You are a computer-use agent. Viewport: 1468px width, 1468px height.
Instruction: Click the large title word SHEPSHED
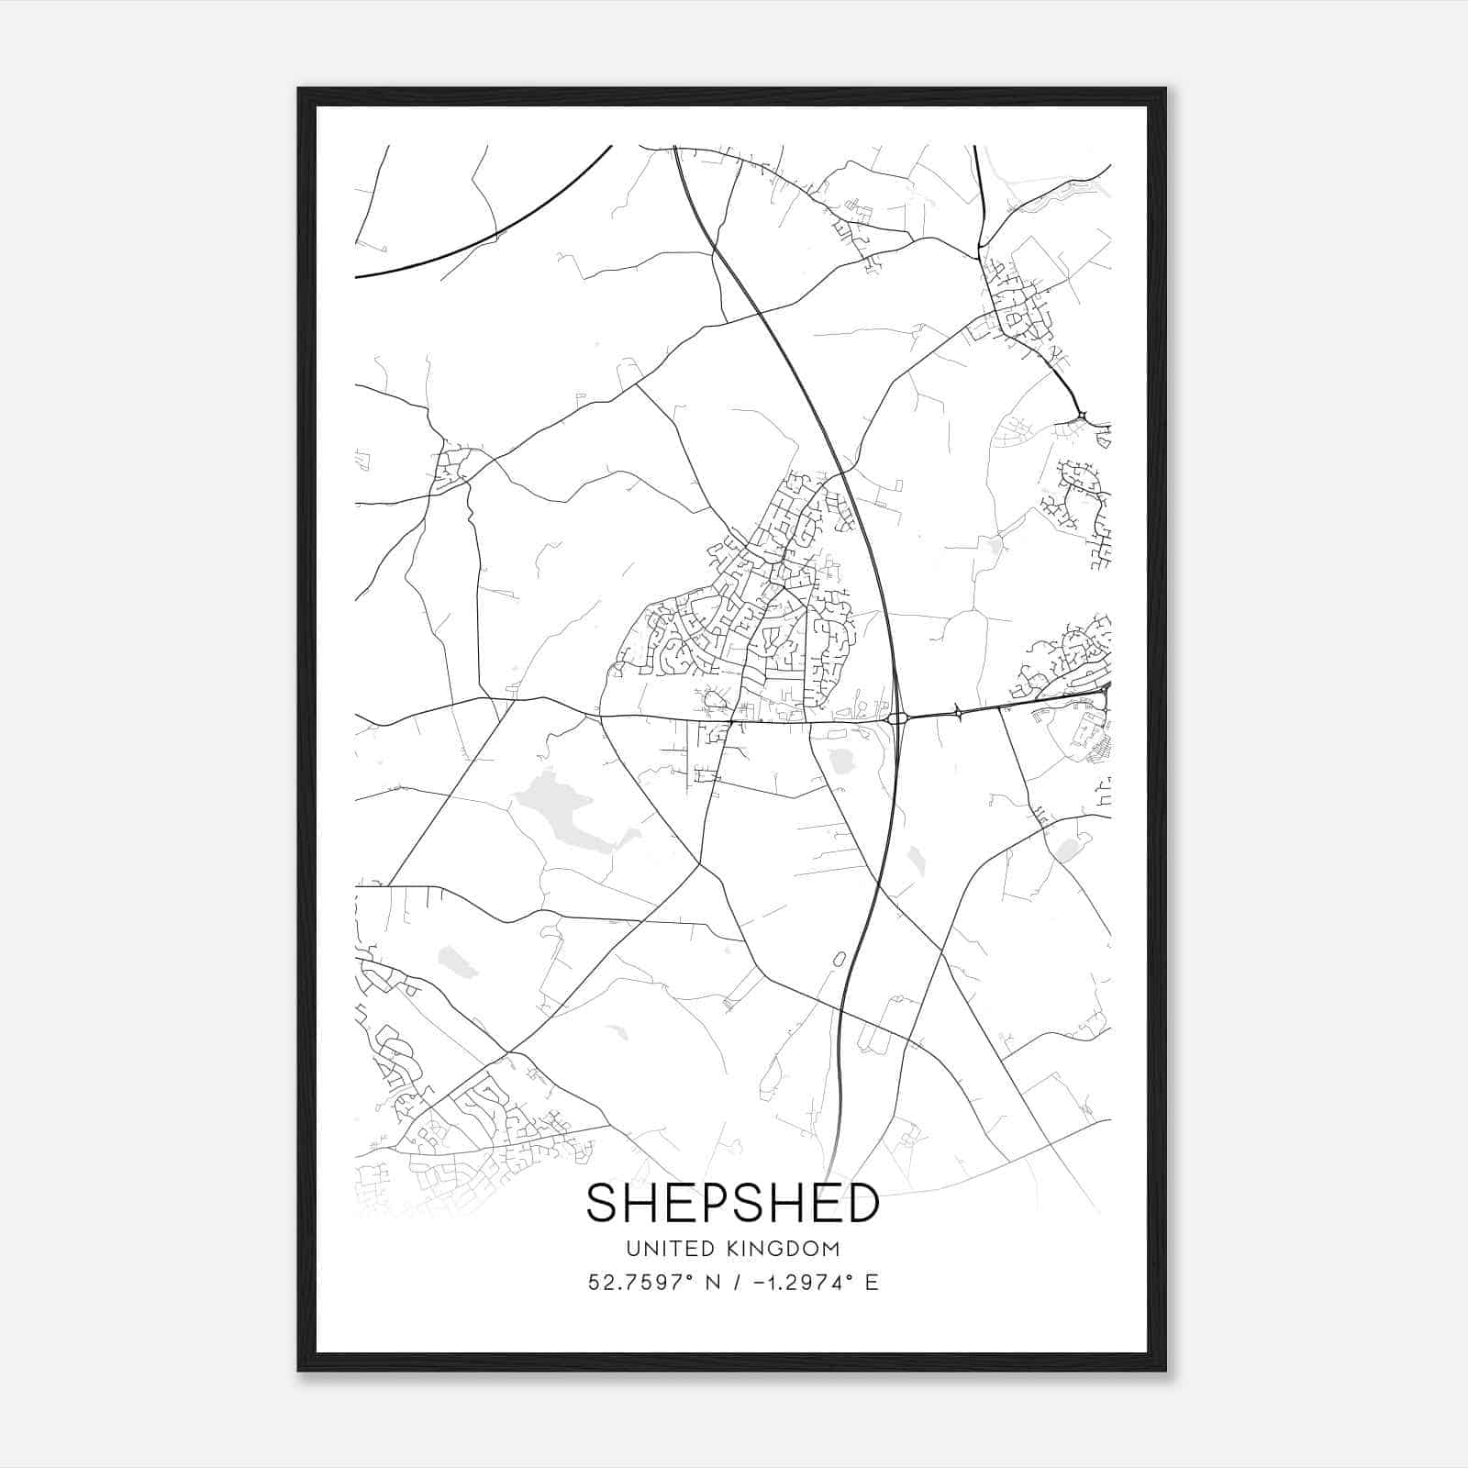tap(732, 1203)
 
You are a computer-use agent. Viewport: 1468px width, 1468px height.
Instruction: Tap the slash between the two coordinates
tap(734, 1283)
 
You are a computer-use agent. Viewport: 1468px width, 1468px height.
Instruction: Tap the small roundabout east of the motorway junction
tap(958, 711)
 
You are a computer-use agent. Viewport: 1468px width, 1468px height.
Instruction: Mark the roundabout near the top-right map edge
tap(1083, 416)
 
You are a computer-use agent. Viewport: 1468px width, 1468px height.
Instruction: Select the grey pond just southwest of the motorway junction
tap(840, 759)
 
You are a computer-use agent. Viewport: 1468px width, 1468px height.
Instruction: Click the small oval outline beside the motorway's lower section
tap(838, 960)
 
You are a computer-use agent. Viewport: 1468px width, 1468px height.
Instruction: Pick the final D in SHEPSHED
tap(862, 1203)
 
